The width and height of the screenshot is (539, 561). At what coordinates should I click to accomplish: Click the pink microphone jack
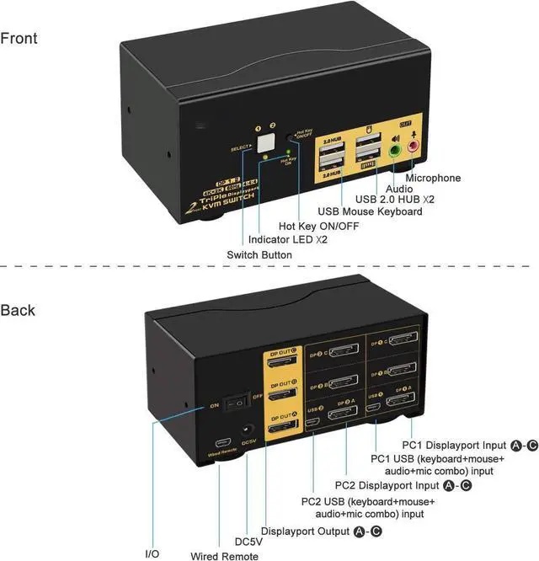point(414,147)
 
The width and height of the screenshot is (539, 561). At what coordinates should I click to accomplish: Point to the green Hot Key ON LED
point(289,152)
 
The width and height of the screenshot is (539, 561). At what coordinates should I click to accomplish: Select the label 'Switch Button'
point(259,254)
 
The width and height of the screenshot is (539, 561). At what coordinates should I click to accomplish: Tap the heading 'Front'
point(19,38)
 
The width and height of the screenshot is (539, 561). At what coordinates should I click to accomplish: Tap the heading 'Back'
point(18,310)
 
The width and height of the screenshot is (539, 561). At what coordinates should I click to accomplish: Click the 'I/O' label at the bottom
point(152,553)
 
